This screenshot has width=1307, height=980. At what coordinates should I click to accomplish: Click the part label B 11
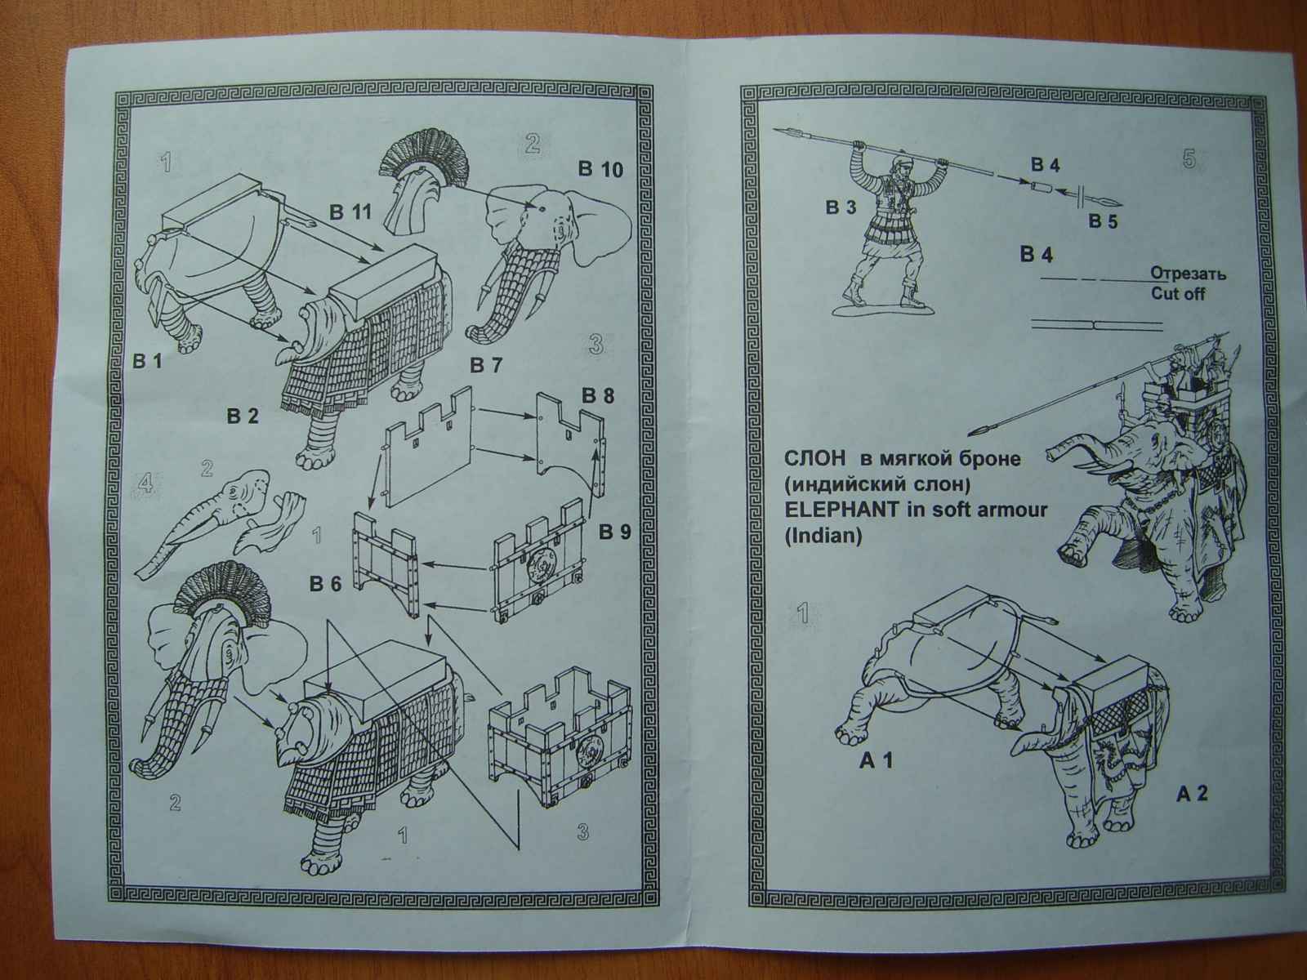pos(350,212)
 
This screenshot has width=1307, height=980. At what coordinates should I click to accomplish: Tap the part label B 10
pos(600,170)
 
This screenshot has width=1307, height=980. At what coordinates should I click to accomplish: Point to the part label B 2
pos(243,416)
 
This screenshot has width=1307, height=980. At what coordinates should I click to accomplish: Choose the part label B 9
pos(614,532)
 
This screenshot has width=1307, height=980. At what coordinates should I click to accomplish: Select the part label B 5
pos(1103,221)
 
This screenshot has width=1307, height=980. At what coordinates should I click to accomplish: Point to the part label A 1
pos(875,761)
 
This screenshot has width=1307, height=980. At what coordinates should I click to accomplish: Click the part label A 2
pos(1190,792)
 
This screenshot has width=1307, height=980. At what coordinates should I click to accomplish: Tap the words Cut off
pos(1177,293)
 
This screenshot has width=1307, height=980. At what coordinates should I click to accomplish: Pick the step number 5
pos(1189,159)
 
